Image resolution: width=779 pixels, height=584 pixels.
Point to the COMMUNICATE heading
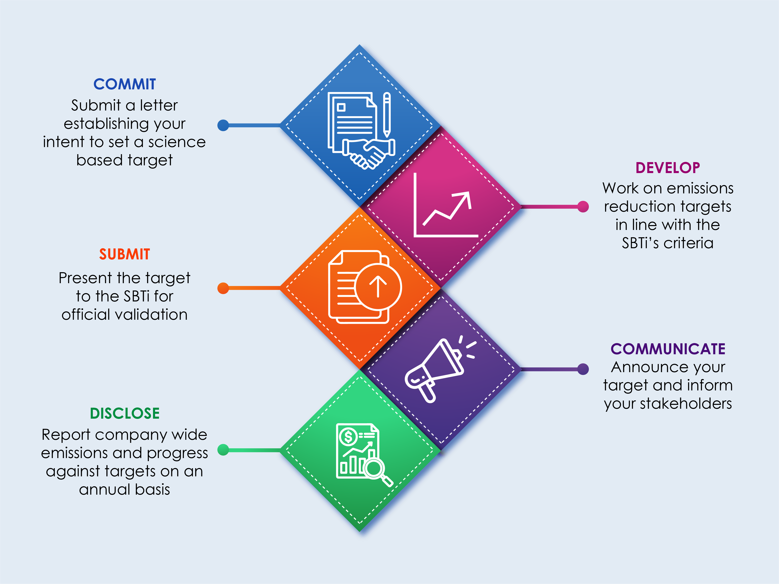click(668, 349)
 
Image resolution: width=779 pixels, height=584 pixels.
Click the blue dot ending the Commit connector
click(223, 125)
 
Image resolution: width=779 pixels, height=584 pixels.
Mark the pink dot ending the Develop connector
click(583, 207)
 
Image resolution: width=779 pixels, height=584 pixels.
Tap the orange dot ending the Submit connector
click(223, 288)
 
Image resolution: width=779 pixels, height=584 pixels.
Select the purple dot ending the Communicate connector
click(583, 369)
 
